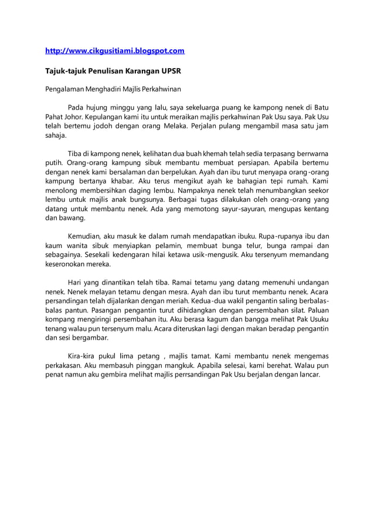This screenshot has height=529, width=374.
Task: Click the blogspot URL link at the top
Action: pyautogui.click(x=115, y=51)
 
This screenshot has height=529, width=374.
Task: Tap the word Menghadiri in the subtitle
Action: pyautogui.click(x=110, y=90)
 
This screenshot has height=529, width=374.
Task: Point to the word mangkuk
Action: pyautogui.click(x=191, y=365)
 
